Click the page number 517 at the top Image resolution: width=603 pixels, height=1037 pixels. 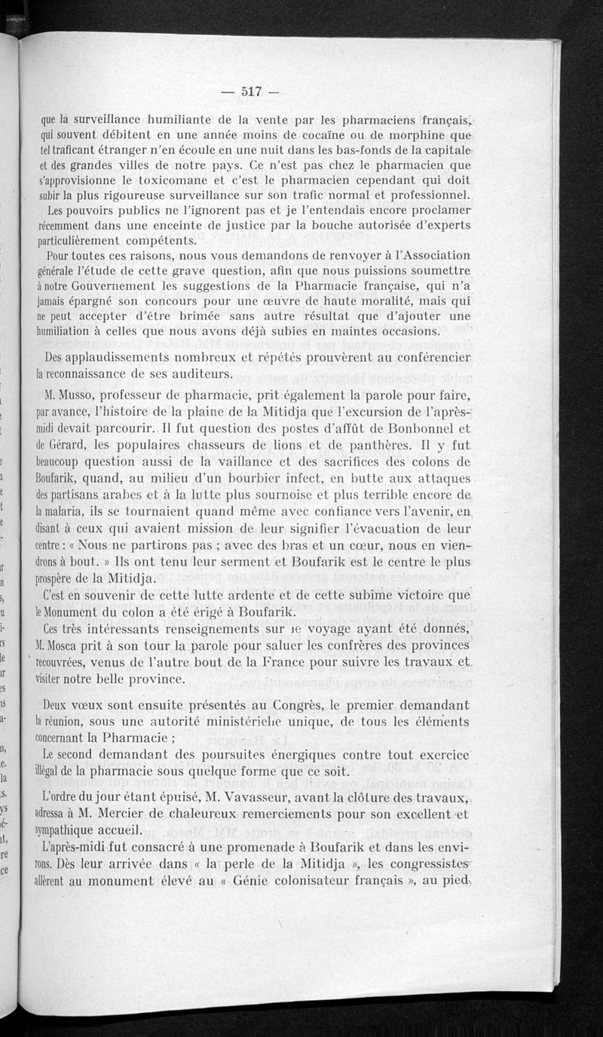[x=250, y=92]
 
